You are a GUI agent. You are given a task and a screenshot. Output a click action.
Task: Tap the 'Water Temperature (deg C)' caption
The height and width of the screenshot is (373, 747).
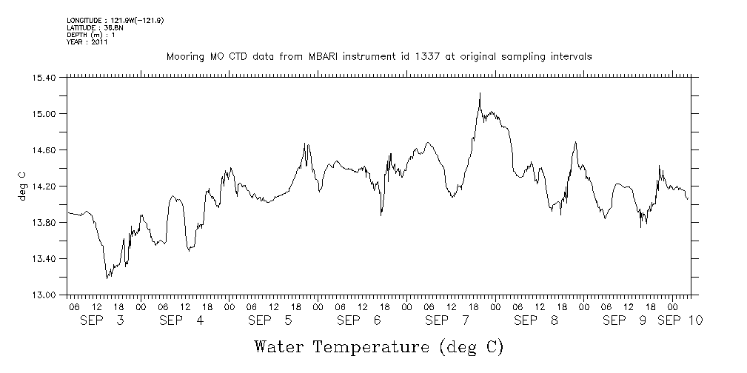(378, 346)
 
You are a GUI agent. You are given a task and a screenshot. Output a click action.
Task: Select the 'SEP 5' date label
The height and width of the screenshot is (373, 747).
(270, 320)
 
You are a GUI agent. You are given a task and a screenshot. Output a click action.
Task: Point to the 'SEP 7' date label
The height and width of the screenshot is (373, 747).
(448, 320)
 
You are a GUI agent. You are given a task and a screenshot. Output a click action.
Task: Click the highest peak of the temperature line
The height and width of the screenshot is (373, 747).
(480, 93)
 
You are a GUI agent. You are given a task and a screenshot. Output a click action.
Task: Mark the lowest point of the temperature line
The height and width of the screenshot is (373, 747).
(107, 278)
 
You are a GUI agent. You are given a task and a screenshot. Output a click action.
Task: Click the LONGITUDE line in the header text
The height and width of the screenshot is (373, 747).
(115, 20)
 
